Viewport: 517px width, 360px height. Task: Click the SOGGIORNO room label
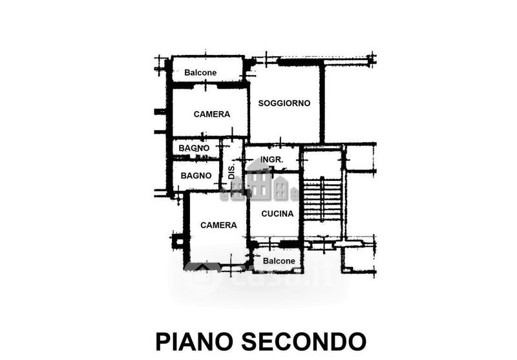click(284, 103)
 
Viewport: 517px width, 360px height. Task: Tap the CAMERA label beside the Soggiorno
click(211, 114)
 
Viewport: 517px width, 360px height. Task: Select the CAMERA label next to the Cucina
click(218, 226)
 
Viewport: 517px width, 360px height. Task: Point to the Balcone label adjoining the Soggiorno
click(200, 72)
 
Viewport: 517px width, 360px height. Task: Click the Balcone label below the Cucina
click(279, 261)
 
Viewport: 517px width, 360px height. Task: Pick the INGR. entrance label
click(272, 160)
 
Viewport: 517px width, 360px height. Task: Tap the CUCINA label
click(277, 213)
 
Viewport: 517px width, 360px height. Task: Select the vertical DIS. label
click(231, 171)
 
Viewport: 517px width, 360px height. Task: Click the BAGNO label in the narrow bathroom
click(194, 148)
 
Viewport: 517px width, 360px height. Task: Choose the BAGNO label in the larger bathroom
click(196, 176)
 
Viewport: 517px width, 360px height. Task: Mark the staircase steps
click(322, 200)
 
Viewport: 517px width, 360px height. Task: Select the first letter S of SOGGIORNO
click(261, 103)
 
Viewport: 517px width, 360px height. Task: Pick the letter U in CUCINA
click(273, 213)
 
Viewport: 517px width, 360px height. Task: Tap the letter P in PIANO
click(162, 341)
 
